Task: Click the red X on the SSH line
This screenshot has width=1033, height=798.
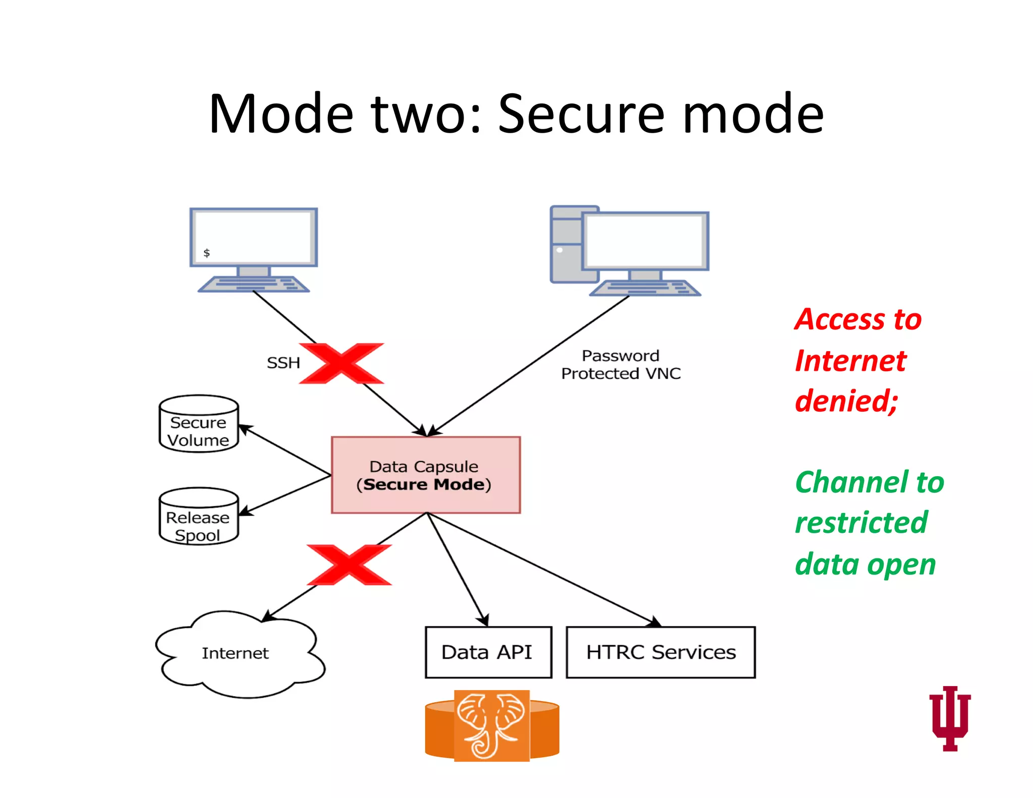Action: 341,363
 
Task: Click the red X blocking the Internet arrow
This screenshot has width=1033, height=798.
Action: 349,564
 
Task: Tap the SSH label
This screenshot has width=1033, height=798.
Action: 283,363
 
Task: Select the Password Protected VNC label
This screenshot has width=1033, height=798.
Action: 620,365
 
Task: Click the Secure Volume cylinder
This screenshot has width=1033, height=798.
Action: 199,424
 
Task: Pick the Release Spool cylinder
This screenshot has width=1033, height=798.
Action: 199,517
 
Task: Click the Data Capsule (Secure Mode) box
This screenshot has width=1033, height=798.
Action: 426,475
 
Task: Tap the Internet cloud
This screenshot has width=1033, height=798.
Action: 236,654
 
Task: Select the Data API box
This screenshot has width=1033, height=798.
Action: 488,652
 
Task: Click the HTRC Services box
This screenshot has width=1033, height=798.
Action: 660,652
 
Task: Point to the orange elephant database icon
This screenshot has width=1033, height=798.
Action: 492,726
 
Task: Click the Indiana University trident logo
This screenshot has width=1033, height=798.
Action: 950,718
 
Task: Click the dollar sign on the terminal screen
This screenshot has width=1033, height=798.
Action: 206,253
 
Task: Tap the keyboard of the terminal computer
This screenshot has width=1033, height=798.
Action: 254,284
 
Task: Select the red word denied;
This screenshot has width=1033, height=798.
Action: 846,401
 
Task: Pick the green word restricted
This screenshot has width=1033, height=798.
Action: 861,523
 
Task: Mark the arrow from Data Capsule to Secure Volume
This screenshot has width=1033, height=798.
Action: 284,450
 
